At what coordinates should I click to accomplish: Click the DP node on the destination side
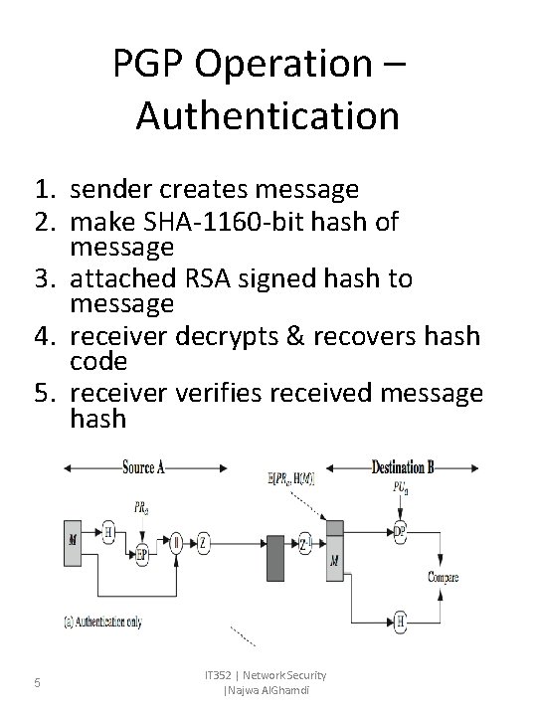click(x=398, y=532)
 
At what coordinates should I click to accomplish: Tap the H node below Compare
click(x=399, y=622)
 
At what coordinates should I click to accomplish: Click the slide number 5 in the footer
click(x=36, y=682)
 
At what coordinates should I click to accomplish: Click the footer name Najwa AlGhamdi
click(x=265, y=691)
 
